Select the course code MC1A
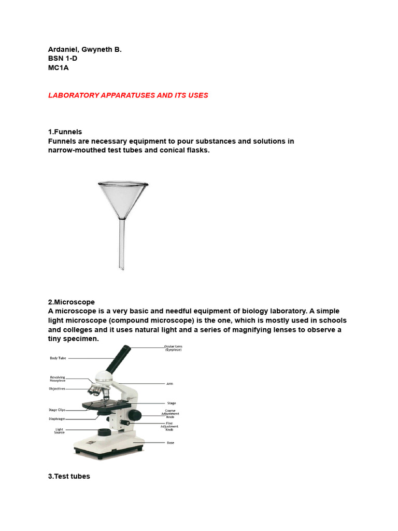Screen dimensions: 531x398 (59, 68)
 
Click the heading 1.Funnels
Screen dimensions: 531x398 (65, 132)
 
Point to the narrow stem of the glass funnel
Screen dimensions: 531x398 (123, 244)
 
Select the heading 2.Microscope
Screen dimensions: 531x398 (72, 302)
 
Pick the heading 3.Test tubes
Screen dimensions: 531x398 (69, 476)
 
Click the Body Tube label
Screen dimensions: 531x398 (58, 358)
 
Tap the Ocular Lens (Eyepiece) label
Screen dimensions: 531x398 (173, 348)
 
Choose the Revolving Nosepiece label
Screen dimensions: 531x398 (58, 379)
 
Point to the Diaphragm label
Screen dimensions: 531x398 (56, 418)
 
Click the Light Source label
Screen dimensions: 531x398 (60, 431)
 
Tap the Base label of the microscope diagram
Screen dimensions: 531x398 (170, 442)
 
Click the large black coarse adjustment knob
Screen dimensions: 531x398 (135, 415)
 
